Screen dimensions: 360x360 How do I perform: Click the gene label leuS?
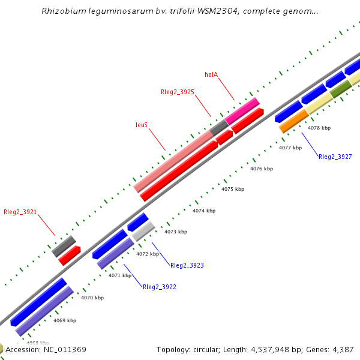coord(142,125)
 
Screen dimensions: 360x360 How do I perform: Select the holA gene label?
coord(211,75)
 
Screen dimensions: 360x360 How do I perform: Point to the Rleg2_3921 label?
coord(20,212)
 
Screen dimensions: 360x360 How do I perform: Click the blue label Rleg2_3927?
coord(335,157)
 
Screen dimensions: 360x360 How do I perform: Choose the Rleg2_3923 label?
coord(187,265)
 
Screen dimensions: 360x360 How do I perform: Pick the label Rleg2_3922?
coord(159,287)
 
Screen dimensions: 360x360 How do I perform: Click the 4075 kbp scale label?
coord(233,189)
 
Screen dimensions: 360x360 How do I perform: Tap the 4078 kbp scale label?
coord(319,128)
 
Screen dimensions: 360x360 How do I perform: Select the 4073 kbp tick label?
coord(175,232)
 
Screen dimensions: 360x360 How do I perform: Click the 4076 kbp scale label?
coord(262,169)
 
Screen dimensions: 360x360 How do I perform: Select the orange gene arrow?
coord(294,121)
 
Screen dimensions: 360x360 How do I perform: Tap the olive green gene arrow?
coord(341,89)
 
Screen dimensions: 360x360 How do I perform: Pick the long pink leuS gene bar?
coord(174,161)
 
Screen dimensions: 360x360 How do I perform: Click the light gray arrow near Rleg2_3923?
coord(143,232)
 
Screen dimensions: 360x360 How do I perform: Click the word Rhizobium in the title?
coord(62,11)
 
